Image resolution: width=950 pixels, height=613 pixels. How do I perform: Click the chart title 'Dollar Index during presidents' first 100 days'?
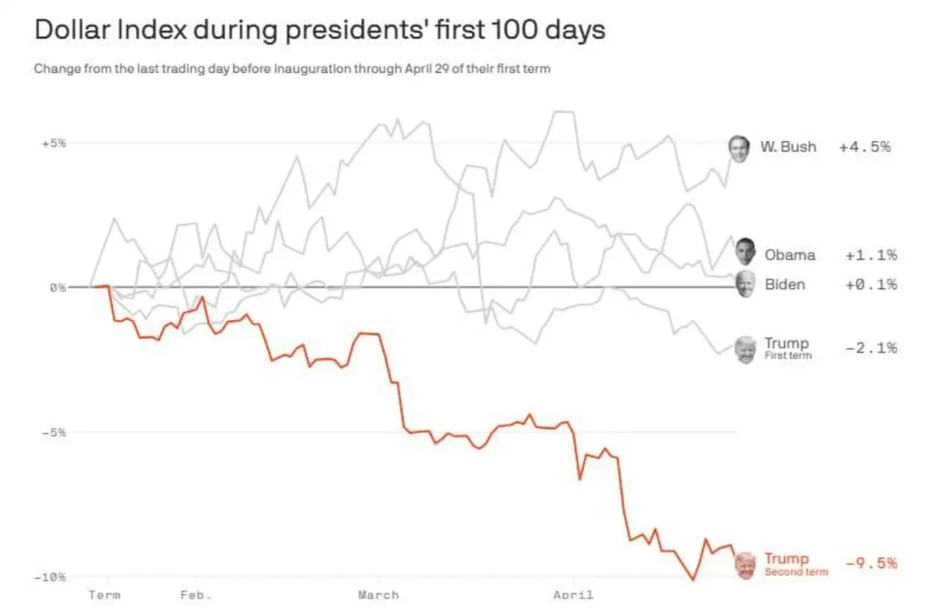click(319, 31)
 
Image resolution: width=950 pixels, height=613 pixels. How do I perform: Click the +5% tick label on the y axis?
click(54, 143)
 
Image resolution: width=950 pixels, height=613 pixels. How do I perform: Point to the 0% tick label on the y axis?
click(57, 288)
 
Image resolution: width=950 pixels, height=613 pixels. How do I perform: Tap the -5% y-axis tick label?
click(54, 432)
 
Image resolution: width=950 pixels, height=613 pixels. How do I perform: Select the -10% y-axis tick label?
click(50, 577)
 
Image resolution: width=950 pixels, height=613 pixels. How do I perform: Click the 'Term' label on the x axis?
click(104, 595)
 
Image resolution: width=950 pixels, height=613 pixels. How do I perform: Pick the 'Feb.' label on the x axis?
click(195, 595)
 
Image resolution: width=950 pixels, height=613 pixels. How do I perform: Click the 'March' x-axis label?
click(379, 595)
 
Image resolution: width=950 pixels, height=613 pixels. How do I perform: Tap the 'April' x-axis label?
click(573, 595)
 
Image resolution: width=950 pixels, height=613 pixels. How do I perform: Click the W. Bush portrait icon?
click(739, 148)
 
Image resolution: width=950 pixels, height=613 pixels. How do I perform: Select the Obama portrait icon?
click(745, 252)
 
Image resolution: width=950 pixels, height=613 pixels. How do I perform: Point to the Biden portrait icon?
click(745, 283)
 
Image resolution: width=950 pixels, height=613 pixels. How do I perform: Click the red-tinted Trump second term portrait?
click(745, 565)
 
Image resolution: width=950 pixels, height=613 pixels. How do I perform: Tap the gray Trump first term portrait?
click(745, 349)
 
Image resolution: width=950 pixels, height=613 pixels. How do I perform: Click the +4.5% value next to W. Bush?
click(864, 147)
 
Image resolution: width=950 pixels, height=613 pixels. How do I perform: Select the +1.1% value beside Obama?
click(871, 255)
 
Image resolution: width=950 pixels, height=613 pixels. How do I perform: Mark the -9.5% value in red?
click(871, 563)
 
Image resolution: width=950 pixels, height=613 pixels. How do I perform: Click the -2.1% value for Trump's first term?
click(871, 348)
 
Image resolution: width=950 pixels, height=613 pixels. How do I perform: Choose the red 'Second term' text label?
click(796, 572)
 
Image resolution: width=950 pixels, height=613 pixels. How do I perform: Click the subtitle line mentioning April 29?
click(292, 68)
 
